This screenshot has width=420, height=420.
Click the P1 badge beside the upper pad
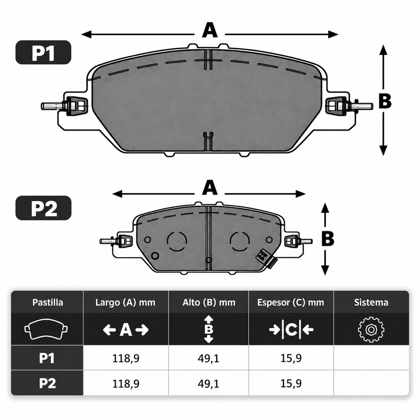43,52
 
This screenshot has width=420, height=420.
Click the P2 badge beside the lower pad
43,208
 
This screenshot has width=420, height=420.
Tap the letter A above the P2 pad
210,188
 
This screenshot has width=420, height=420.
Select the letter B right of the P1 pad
385,101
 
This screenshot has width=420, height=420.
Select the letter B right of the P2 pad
328,238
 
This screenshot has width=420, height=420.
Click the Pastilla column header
48,302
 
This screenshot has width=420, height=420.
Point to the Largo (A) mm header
125,302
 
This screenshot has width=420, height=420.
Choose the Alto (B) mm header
209,302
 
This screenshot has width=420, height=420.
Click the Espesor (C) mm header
291,302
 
